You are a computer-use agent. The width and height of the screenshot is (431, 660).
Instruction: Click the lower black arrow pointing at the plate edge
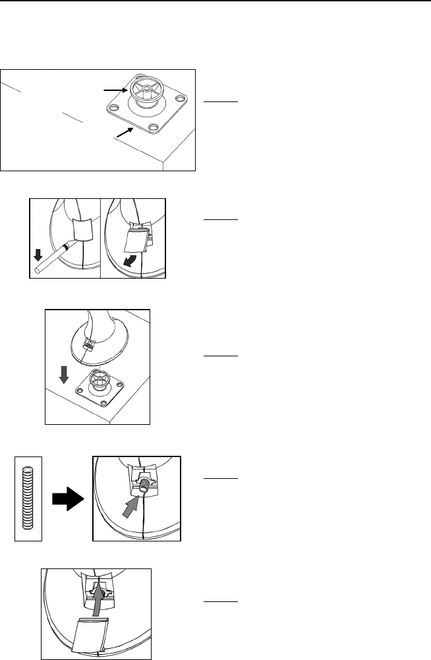click(125, 132)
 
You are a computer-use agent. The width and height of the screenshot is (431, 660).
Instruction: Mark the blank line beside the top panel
click(220, 102)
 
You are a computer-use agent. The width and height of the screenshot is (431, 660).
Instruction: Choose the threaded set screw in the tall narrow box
click(28, 498)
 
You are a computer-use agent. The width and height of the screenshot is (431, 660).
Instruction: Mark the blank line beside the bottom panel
click(220, 601)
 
